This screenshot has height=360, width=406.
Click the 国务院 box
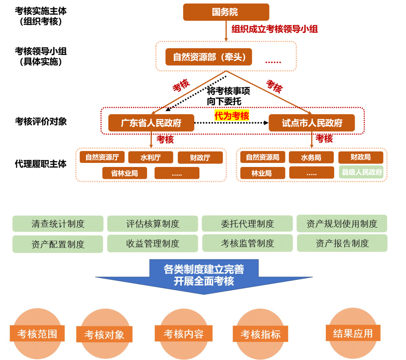coord(226,12)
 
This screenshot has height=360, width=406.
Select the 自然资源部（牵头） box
coord(208,57)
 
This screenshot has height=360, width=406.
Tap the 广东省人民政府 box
coord(151,123)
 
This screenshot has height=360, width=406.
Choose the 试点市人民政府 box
coord(312,123)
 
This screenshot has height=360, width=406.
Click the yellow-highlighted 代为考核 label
coord(231,116)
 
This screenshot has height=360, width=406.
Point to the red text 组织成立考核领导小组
coord(274,29)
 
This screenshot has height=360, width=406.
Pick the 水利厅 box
coord(150,157)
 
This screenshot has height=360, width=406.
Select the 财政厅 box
coord(200,158)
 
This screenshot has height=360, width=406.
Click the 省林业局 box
coord(124,173)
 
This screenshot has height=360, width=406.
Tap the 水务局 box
coord(311,157)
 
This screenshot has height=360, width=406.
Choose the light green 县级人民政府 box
coord(361,172)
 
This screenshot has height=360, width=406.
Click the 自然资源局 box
coord(262,157)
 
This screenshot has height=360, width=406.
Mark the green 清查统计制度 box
coord(58,224)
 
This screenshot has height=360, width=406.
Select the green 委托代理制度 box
coord(247,224)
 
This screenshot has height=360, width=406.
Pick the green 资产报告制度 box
coord(342,243)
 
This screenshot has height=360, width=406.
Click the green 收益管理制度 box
coord(152,243)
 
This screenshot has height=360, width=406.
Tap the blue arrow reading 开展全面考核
coord(204,275)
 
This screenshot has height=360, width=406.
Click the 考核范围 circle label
coord(37,334)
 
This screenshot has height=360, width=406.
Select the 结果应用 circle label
coord(353,333)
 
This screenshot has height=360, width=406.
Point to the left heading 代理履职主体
coord(41,164)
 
